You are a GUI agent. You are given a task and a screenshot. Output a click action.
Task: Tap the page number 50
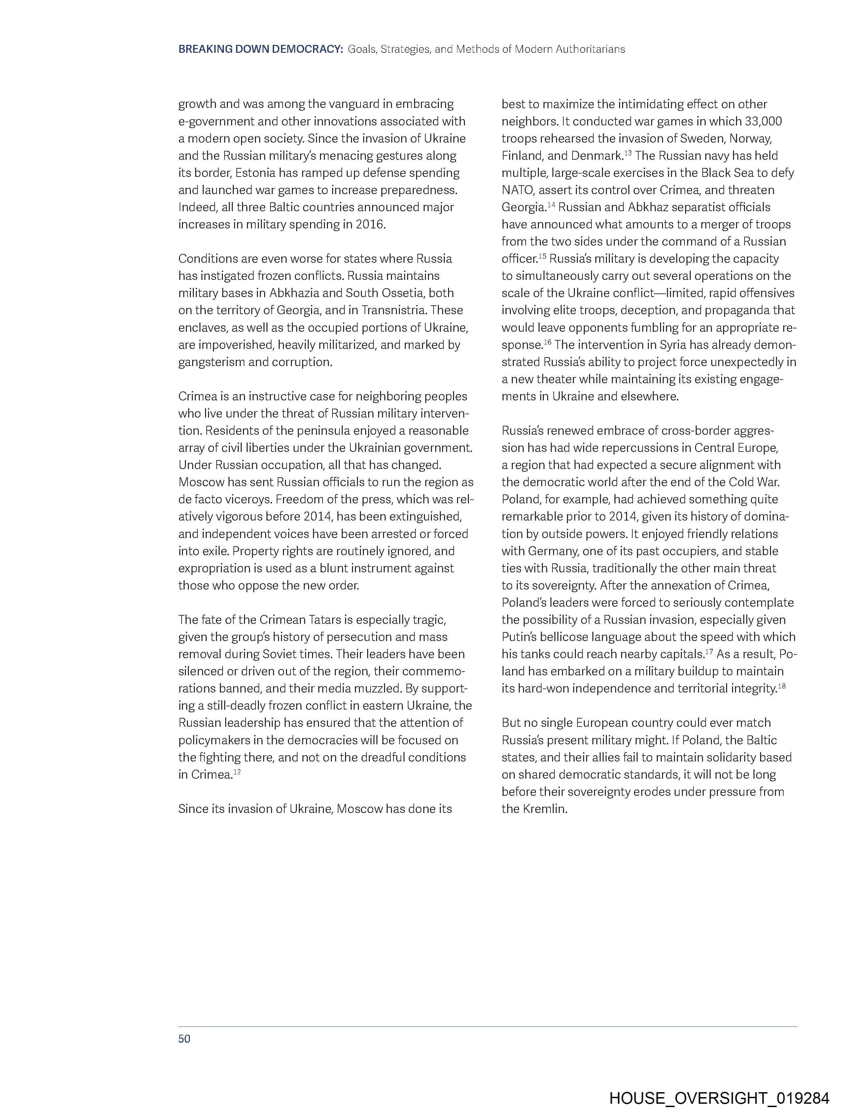click(x=184, y=1039)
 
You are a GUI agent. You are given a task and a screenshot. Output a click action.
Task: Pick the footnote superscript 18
click(x=781, y=686)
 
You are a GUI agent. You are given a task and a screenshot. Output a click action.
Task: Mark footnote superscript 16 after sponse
click(x=548, y=342)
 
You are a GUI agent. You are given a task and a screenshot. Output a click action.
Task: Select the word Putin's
click(x=519, y=637)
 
